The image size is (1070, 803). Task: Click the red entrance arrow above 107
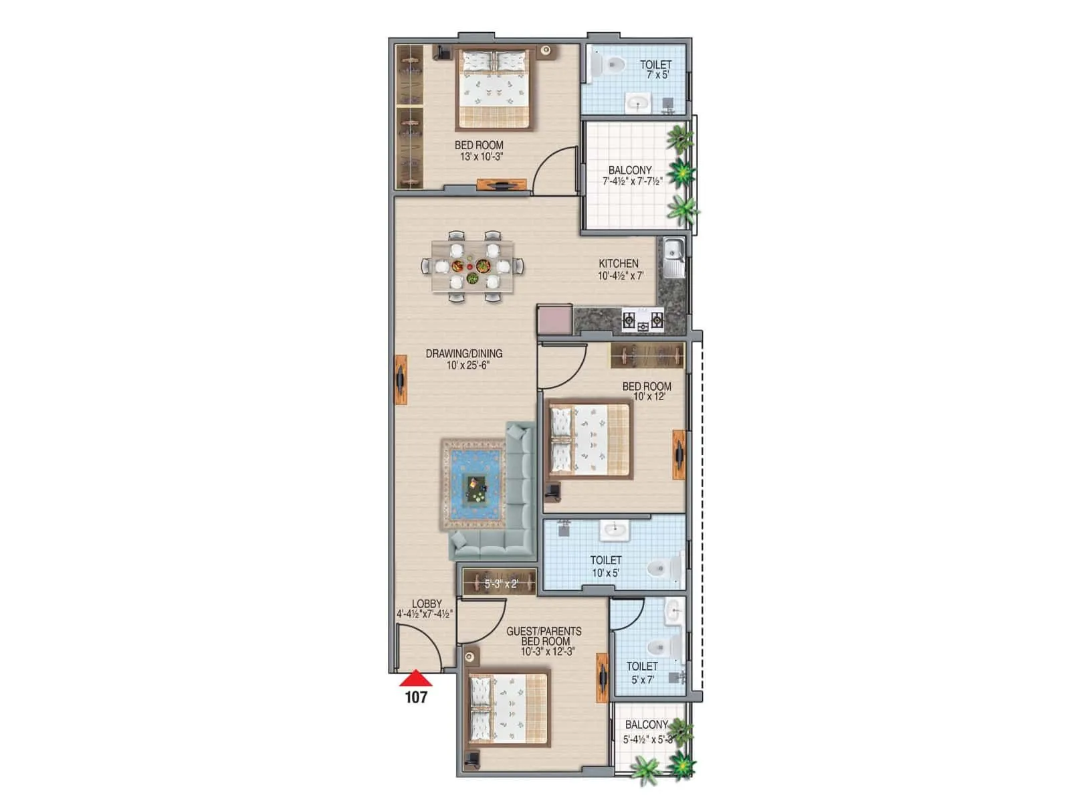[x=416, y=679]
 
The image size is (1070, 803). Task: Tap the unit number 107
[x=416, y=697]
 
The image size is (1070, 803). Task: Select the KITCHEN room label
[x=618, y=264]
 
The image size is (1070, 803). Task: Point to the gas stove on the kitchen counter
[x=643, y=321]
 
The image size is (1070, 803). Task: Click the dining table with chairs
[x=473, y=266]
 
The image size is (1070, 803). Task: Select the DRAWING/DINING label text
[x=464, y=353]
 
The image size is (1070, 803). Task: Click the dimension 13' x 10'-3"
[x=479, y=157]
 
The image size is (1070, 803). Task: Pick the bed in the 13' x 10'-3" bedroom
[x=496, y=88]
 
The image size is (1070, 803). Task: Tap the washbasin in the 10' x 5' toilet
[x=613, y=531]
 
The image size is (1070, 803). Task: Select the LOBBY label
[x=427, y=604]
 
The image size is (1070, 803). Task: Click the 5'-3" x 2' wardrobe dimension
[x=501, y=584]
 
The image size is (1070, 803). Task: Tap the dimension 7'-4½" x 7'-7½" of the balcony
[x=633, y=181]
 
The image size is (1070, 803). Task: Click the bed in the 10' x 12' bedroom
[x=589, y=440]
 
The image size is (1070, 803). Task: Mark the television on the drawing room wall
[x=401, y=380]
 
